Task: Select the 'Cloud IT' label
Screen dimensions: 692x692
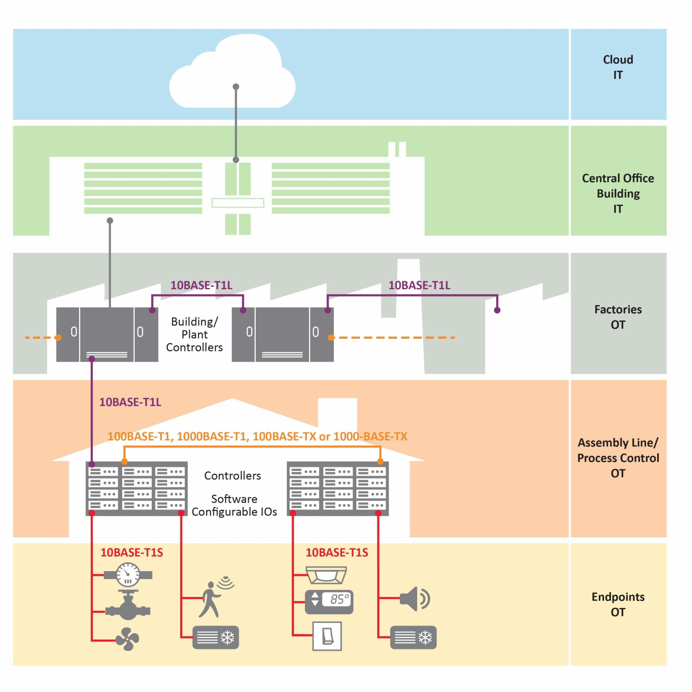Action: coord(618,67)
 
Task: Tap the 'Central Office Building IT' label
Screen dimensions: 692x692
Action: coord(618,193)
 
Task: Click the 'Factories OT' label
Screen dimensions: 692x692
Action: coord(618,317)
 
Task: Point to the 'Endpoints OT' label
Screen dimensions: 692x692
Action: coord(618,604)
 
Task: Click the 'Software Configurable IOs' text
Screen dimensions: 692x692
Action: coord(234,505)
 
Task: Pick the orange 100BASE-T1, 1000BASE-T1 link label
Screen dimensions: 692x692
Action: coord(257,436)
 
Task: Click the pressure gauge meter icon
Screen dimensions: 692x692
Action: coord(128,575)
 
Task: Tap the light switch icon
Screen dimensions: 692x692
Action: coord(327,636)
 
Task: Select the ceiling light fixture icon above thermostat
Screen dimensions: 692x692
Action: coord(326,575)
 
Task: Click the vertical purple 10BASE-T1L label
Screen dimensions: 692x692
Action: coord(130,402)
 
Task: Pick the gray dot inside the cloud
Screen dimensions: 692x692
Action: coord(236,87)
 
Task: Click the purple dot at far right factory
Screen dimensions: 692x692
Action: coord(497,310)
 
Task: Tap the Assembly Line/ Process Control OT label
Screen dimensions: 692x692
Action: coord(618,458)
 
